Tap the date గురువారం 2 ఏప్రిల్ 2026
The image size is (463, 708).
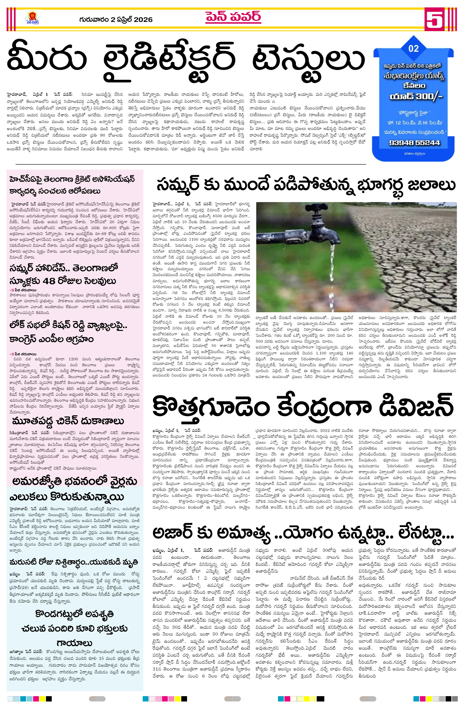point(116,20)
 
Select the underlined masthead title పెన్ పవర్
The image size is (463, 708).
point(233,17)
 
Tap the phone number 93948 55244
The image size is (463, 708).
point(414,143)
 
